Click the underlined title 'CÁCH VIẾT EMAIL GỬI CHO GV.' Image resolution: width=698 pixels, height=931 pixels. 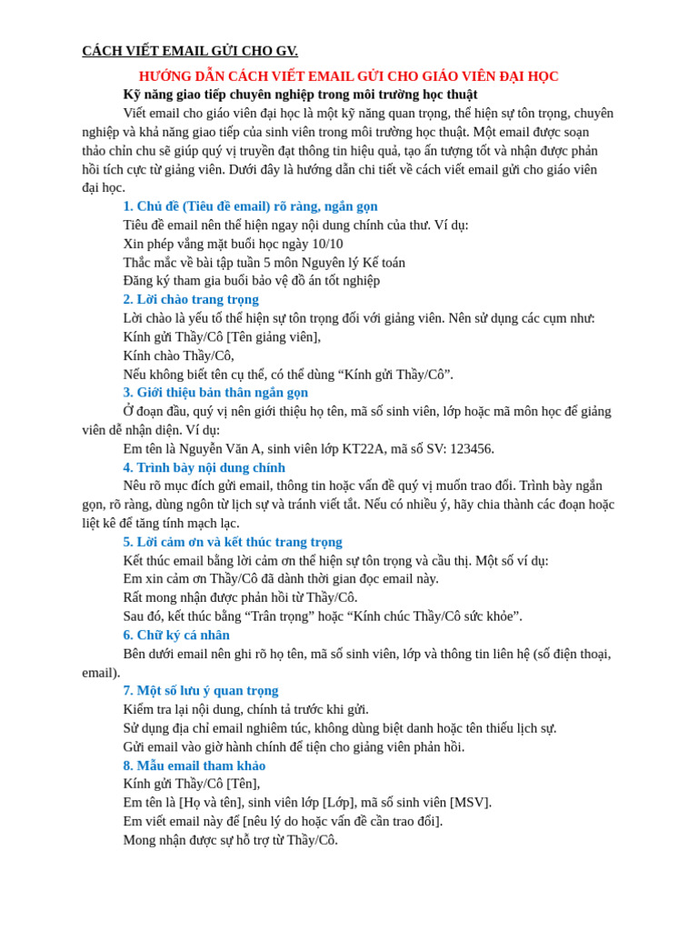point(190,51)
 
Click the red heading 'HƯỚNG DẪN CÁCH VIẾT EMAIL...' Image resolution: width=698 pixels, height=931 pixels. point(348,76)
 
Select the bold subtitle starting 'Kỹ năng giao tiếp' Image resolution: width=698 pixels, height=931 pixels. point(300,95)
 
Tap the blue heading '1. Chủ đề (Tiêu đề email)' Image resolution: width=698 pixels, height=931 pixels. point(250,206)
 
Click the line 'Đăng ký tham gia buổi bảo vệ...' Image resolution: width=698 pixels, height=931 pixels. point(251,281)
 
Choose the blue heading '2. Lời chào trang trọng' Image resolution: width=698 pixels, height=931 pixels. point(191,299)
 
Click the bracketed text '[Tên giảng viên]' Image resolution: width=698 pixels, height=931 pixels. point(274,336)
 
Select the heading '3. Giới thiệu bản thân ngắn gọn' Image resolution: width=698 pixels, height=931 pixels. point(215,393)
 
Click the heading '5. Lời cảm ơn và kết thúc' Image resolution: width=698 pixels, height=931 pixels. point(233,542)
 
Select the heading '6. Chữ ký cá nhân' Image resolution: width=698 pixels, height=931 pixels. point(176,635)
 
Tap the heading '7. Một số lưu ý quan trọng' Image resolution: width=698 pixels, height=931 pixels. point(201,690)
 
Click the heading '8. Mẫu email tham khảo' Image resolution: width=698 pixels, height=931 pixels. point(194,766)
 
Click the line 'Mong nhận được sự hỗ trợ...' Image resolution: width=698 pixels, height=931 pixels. point(230,840)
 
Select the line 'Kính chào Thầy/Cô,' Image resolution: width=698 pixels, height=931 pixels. point(178,355)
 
